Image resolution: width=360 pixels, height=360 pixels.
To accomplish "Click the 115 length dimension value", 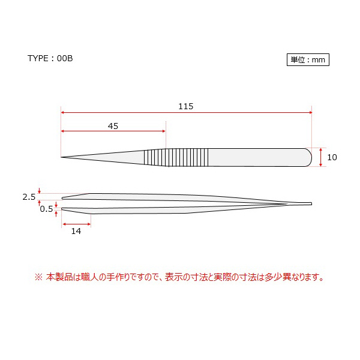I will tap(185, 106).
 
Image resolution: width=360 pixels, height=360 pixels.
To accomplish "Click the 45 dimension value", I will tap(113, 126).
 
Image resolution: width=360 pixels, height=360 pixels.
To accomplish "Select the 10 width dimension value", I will tap(332, 157).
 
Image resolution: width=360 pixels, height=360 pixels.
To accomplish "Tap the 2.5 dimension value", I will tap(29, 197).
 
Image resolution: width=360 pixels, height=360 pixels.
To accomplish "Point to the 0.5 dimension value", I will tap(46, 209).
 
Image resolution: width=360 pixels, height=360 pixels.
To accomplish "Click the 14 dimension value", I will tap(76, 231).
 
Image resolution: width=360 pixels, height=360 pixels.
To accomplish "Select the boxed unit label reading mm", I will tap(308, 60).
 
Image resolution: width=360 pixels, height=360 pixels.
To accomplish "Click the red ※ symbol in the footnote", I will tap(39, 277).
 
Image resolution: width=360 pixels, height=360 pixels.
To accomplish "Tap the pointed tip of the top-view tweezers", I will tap(62, 158).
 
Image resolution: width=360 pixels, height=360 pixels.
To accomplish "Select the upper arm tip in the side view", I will tap(64, 197).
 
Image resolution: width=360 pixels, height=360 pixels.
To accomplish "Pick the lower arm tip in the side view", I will tap(64, 209).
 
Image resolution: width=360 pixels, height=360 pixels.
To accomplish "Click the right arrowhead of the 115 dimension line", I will tap(310, 112).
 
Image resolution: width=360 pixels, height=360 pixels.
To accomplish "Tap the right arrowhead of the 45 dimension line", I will tap(163, 131).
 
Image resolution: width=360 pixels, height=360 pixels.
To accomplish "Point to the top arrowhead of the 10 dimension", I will tap(323, 149).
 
